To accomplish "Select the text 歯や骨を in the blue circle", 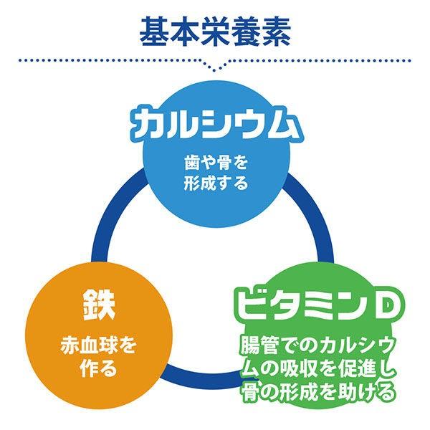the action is (x=215, y=162).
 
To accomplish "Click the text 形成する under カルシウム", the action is (x=215, y=183).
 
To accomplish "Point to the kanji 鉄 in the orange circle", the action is (x=97, y=307).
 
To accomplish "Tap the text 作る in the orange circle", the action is (x=97, y=369).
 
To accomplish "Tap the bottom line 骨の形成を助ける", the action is (x=317, y=392).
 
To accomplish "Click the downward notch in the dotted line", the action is (x=215, y=66).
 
